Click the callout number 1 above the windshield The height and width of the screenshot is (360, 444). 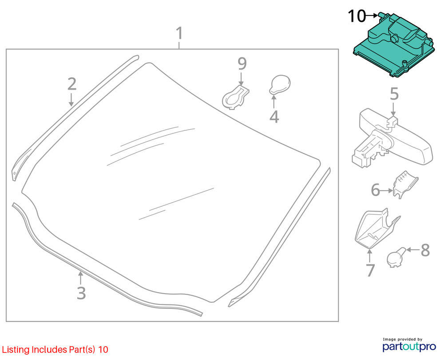point(179,33)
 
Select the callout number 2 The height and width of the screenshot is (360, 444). point(72,84)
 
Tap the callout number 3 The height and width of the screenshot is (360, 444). point(81,293)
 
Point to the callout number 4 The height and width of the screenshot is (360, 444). point(274,117)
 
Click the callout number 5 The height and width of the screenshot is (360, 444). point(394,94)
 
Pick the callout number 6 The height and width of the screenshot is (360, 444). point(376,191)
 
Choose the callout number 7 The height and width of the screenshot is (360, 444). point(370,270)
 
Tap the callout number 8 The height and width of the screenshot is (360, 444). point(425,250)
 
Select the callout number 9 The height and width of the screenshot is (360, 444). point(242,64)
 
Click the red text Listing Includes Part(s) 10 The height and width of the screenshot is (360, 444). point(55,350)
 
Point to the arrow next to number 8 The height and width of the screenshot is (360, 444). point(412,250)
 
